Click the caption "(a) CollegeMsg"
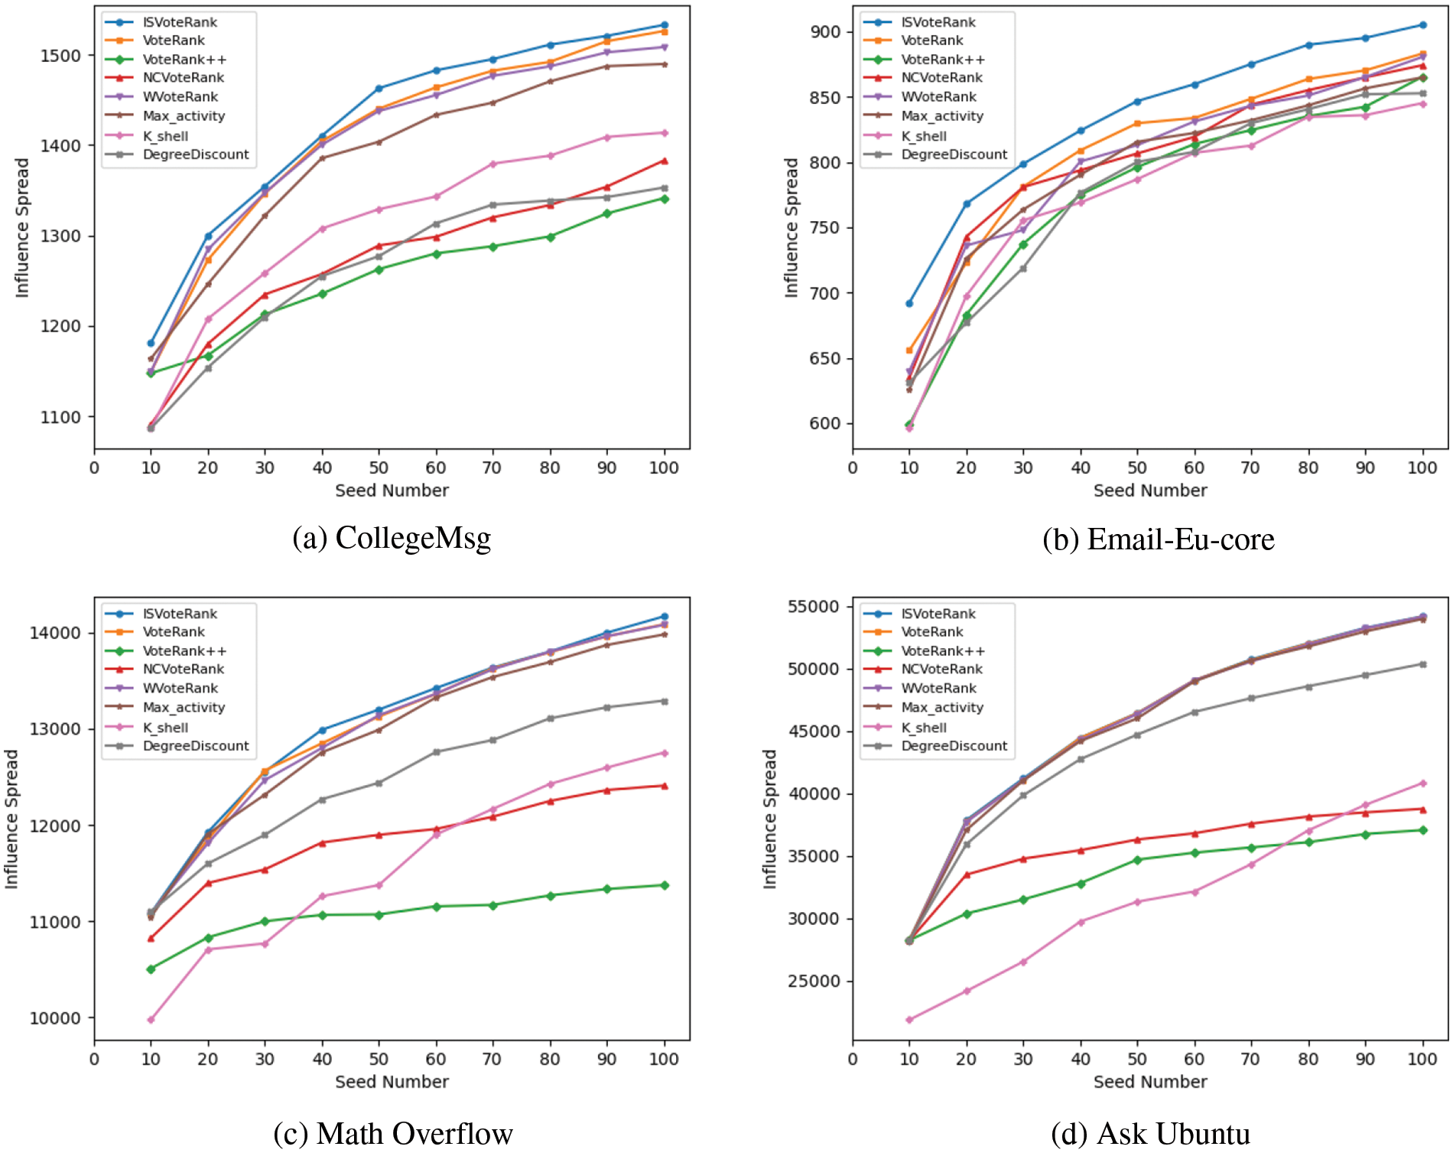click(x=392, y=539)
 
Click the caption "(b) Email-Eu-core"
click(x=1158, y=540)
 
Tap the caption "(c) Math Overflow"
click(x=393, y=1133)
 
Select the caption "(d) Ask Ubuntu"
click(x=1150, y=1133)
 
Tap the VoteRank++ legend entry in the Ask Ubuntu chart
click(x=943, y=651)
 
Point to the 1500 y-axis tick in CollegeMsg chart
click(x=60, y=56)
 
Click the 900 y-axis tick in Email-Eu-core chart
click(x=825, y=32)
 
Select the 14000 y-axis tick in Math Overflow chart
click(x=55, y=633)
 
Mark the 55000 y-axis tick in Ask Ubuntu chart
click(x=814, y=607)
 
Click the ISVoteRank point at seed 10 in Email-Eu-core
click(x=909, y=304)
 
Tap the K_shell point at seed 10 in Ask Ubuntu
click(x=909, y=1020)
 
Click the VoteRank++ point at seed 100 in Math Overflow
click(x=665, y=885)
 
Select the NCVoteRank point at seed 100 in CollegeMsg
click(x=665, y=161)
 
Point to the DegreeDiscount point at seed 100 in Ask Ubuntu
click(x=1423, y=664)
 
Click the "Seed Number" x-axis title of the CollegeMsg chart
click(x=392, y=490)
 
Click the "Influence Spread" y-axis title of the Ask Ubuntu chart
click(x=769, y=819)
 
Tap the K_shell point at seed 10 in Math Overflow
click(x=151, y=1020)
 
